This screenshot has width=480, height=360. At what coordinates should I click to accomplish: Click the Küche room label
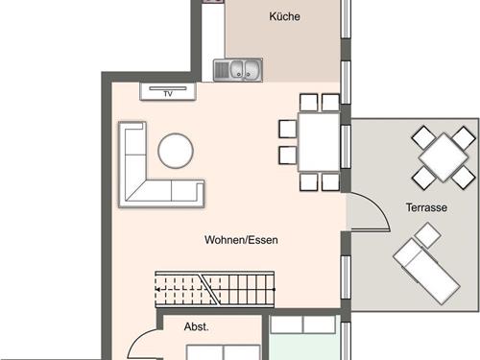click(284, 16)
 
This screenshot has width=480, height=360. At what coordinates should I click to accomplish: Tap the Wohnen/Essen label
click(241, 240)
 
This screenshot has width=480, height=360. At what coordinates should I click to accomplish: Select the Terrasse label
click(426, 207)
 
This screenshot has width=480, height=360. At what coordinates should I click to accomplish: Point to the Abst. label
click(196, 326)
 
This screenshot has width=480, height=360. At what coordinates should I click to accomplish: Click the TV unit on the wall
click(168, 91)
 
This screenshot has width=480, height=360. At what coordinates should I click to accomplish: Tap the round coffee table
click(176, 151)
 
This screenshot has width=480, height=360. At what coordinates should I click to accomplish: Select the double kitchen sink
click(238, 70)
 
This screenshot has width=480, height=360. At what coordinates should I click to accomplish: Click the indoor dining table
click(319, 142)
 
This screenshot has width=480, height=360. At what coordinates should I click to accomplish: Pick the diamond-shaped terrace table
click(444, 157)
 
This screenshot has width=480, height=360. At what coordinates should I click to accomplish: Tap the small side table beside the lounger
click(427, 235)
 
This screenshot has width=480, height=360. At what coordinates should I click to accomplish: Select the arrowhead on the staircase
click(157, 290)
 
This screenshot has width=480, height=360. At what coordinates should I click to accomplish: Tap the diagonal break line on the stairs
click(210, 289)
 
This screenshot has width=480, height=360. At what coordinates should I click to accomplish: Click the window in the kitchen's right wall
click(346, 18)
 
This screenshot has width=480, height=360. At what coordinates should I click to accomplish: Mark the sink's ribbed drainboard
click(221, 70)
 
